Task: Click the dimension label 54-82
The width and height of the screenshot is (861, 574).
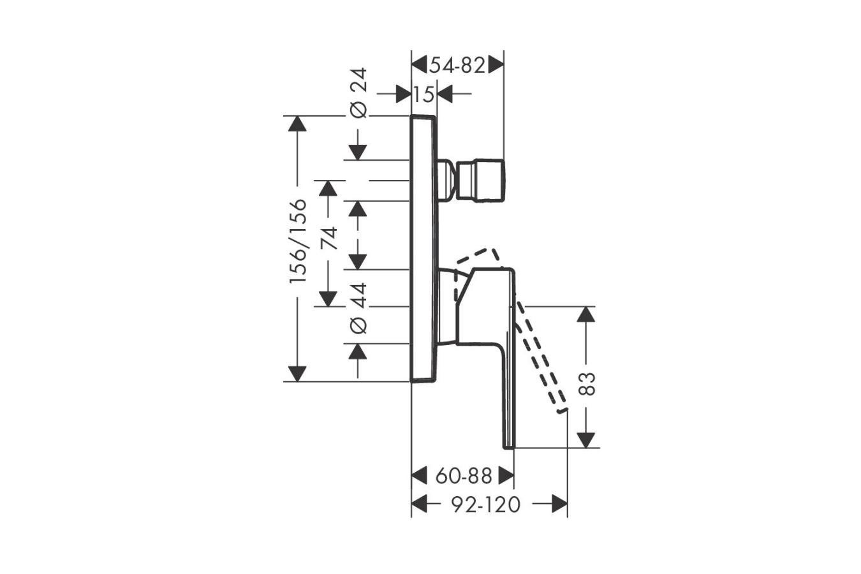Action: (457, 65)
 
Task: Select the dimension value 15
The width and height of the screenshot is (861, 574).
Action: (424, 94)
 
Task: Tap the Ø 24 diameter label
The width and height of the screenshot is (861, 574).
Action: (358, 93)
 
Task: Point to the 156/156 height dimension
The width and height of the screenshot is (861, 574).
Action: (298, 242)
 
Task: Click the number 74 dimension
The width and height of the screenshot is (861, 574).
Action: (328, 239)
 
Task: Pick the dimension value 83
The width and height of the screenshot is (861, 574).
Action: (587, 384)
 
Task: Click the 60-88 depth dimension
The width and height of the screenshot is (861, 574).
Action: (464, 476)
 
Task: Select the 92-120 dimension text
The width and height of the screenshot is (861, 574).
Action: (486, 504)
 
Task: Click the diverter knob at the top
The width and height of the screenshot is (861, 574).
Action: (480, 180)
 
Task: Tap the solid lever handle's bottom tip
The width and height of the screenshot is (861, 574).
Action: (509, 448)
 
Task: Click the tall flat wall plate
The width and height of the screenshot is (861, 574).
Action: (424, 249)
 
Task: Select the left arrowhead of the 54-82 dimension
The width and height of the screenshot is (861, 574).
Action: (419, 65)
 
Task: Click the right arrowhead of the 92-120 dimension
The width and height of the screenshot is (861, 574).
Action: (560, 504)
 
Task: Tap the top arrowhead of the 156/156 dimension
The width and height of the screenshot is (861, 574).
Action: (297, 124)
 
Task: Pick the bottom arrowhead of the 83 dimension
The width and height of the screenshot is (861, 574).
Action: (586, 440)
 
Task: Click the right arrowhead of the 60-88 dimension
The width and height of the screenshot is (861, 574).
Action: (506, 476)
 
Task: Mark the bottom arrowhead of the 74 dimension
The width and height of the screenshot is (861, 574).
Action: (328, 299)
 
